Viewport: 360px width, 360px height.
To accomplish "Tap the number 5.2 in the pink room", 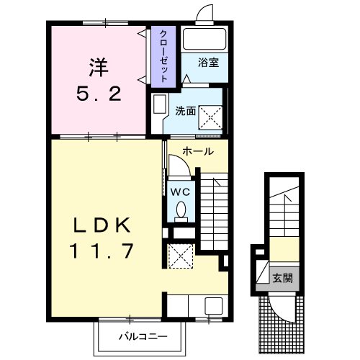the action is pos(99,94).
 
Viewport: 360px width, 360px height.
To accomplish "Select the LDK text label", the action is pos(102,225).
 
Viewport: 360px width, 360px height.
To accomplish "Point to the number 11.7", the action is pos(102,251).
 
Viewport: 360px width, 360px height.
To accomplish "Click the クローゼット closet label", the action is pos(163,56).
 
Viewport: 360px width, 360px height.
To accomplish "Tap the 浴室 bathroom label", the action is pos(208,63).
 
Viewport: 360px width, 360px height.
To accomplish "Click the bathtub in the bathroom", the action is pos(204,39).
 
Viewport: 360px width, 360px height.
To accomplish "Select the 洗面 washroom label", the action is pos(185,111).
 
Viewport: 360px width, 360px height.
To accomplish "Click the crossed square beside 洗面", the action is pos(211,117).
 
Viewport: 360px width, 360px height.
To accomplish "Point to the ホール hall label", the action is pos(198,151).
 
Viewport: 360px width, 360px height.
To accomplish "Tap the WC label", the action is pos(180,192).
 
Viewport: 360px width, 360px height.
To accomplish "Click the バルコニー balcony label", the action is pos(143,337).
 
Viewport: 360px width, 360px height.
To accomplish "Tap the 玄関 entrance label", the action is pos(282,279).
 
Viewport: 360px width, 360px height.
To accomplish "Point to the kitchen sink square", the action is pos(214,305).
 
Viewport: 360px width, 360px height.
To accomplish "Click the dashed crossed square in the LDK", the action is pos(181,256).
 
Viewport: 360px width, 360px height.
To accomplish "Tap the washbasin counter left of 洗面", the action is pos(159,104).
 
